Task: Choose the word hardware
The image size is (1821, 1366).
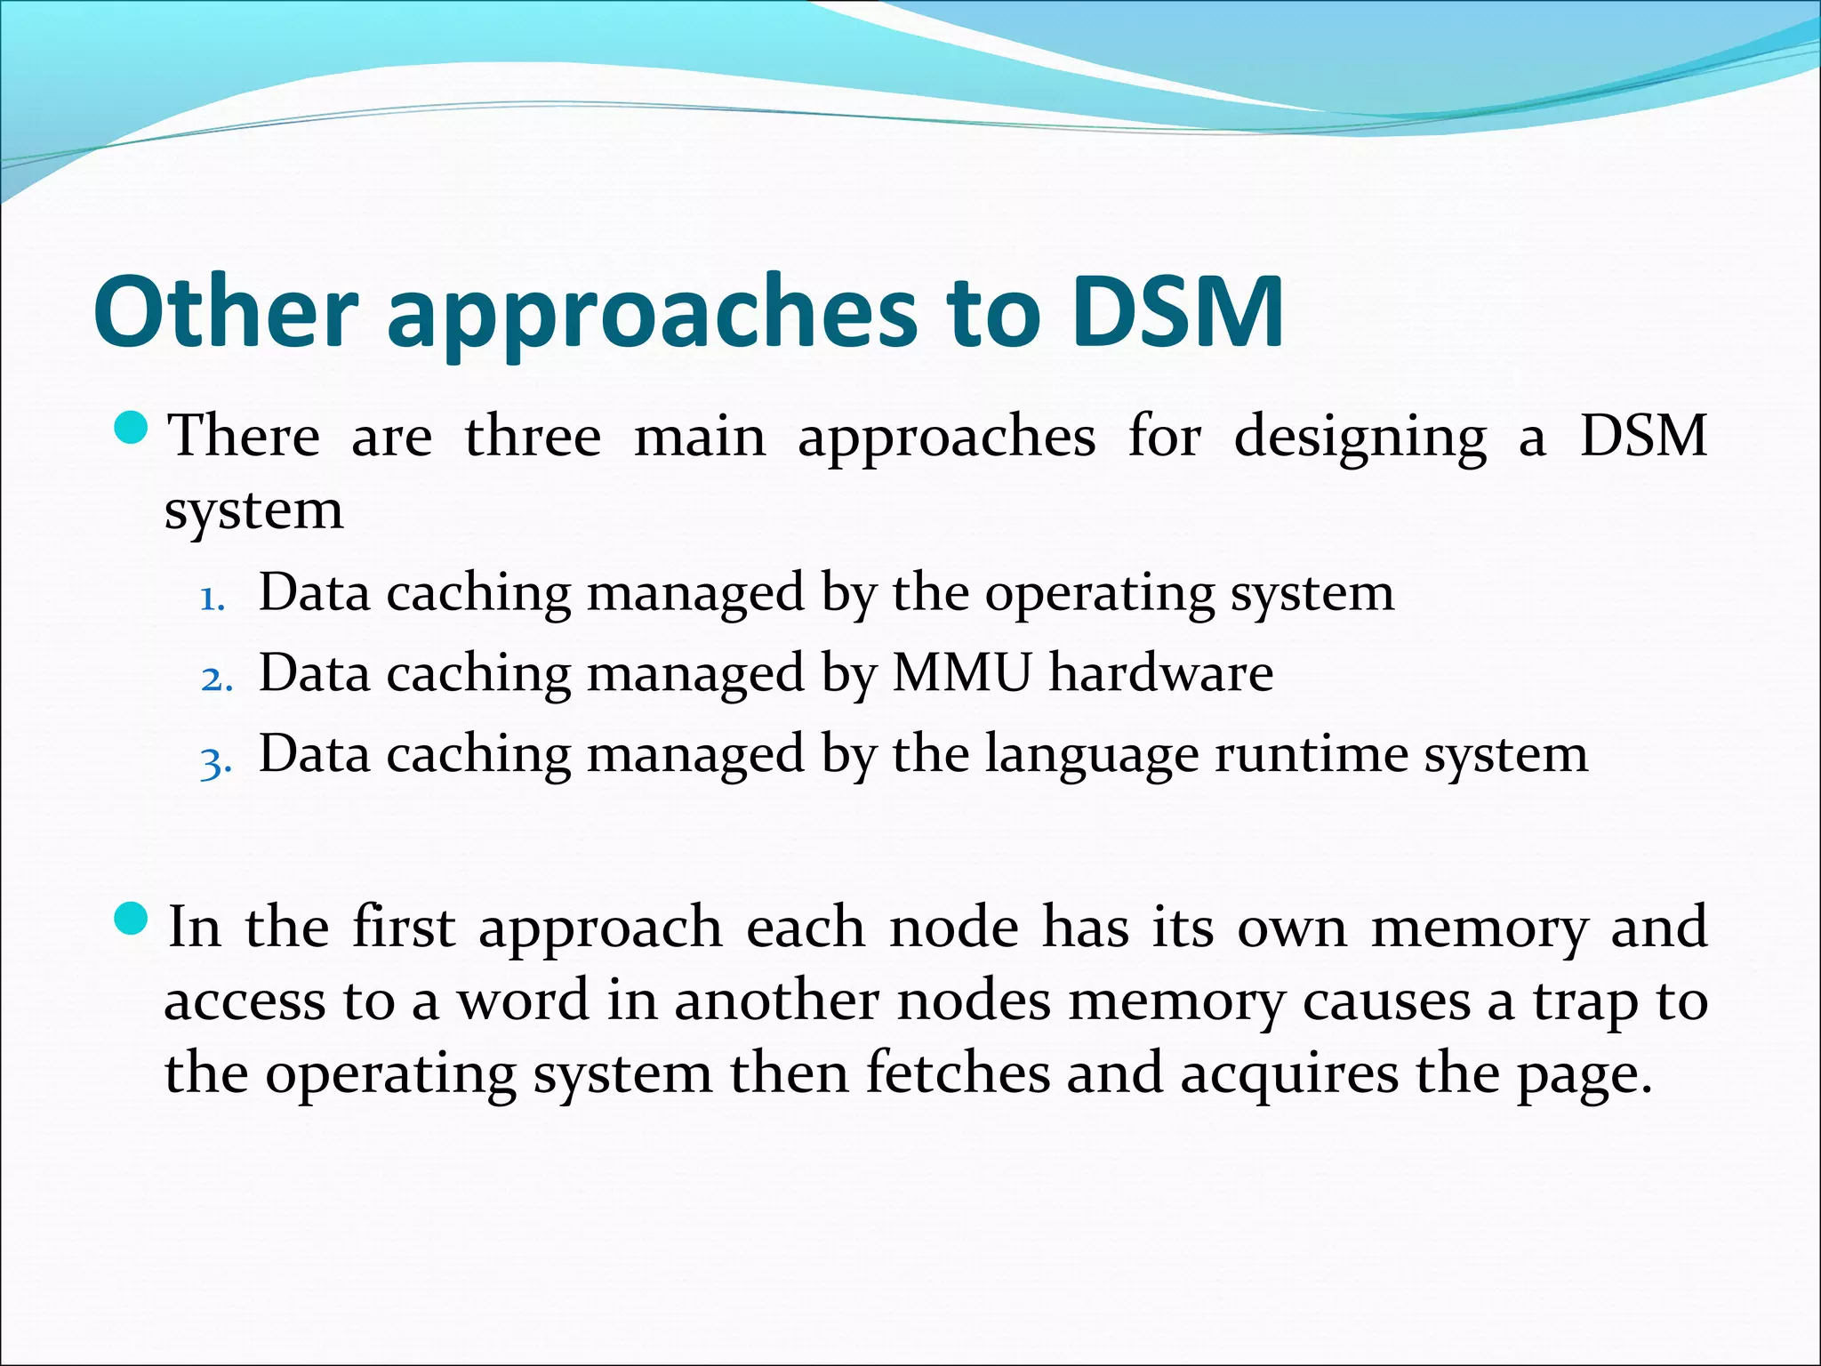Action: (x=1160, y=672)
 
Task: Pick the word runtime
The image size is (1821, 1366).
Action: (x=1311, y=754)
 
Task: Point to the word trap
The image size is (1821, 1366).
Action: (x=1584, y=1003)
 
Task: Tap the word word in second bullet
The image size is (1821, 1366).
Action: (x=524, y=1000)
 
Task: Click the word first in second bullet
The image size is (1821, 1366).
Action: (x=404, y=927)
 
